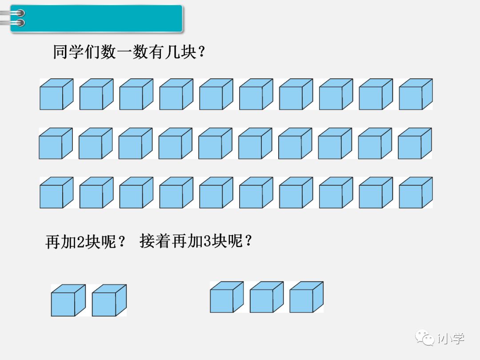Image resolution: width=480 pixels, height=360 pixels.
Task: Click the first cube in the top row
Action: (x=56, y=94)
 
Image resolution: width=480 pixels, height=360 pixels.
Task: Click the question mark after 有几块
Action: (x=201, y=53)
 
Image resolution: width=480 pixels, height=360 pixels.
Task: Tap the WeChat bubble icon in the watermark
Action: (x=425, y=338)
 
